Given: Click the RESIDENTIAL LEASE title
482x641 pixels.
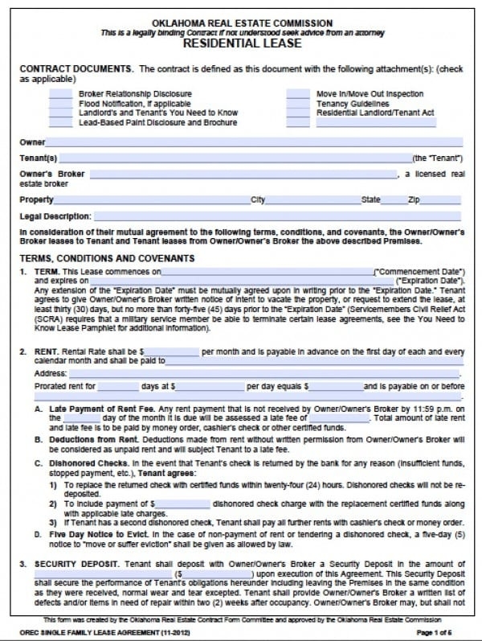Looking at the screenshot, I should (242, 43).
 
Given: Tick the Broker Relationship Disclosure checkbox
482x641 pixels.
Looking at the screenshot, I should (60, 94).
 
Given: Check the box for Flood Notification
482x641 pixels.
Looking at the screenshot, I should (60, 104).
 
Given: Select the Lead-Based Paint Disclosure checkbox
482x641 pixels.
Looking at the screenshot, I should (60, 123).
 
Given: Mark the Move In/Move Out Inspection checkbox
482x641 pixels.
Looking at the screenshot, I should (298, 94).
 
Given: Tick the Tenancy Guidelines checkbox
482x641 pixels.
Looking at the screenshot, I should (298, 104).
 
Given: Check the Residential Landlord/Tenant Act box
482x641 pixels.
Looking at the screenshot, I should (298, 113).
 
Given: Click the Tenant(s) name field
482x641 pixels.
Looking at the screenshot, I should (234, 158).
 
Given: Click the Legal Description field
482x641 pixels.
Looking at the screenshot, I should (278, 216).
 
